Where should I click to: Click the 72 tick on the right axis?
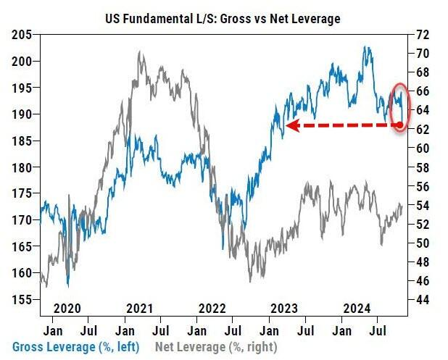pos(423,35)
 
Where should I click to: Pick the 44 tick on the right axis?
pos(423,299)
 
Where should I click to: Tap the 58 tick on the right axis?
pos(423,167)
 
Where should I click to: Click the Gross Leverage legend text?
pos(75,346)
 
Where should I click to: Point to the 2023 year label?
pos(287,307)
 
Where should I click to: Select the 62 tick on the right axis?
pos(423,129)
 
